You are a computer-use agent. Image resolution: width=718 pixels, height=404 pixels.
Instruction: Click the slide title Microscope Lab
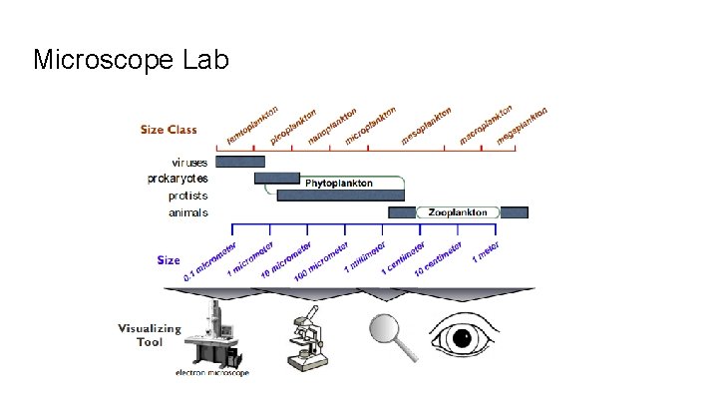click(131, 60)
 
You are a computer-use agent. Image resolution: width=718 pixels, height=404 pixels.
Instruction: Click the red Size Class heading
click(169, 129)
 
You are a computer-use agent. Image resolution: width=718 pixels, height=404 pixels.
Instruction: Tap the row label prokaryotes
click(179, 178)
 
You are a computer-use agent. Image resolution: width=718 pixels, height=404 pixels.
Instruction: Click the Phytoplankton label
click(339, 184)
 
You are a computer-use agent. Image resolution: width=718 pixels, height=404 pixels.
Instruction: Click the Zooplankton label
click(458, 212)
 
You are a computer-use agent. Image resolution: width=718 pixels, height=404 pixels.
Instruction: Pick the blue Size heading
click(169, 260)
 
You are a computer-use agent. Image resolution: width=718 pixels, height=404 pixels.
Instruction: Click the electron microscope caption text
click(212, 373)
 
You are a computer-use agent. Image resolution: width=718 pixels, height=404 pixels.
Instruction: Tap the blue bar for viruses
click(240, 161)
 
